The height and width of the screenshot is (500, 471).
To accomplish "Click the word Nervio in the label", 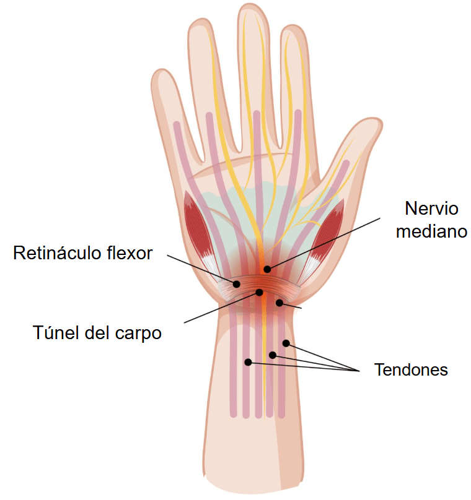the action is click(x=431, y=209).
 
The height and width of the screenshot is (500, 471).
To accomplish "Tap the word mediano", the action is click(x=431, y=231).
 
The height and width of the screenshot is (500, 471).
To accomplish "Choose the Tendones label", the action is click(x=411, y=370).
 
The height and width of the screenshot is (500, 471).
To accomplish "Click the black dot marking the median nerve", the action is click(x=267, y=269).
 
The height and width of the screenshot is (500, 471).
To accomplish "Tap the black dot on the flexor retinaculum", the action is click(x=236, y=284).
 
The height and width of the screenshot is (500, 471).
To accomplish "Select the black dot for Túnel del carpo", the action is click(x=259, y=292).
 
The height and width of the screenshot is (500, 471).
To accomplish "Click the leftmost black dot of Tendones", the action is click(x=248, y=362).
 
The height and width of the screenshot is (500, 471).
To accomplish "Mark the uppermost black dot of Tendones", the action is click(x=286, y=343).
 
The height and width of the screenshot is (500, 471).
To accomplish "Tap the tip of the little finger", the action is click(x=161, y=71).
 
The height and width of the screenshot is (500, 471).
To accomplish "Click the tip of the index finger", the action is click(x=293, y=26).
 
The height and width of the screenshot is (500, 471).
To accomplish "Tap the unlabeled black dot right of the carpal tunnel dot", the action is click(x=279, y=303).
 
